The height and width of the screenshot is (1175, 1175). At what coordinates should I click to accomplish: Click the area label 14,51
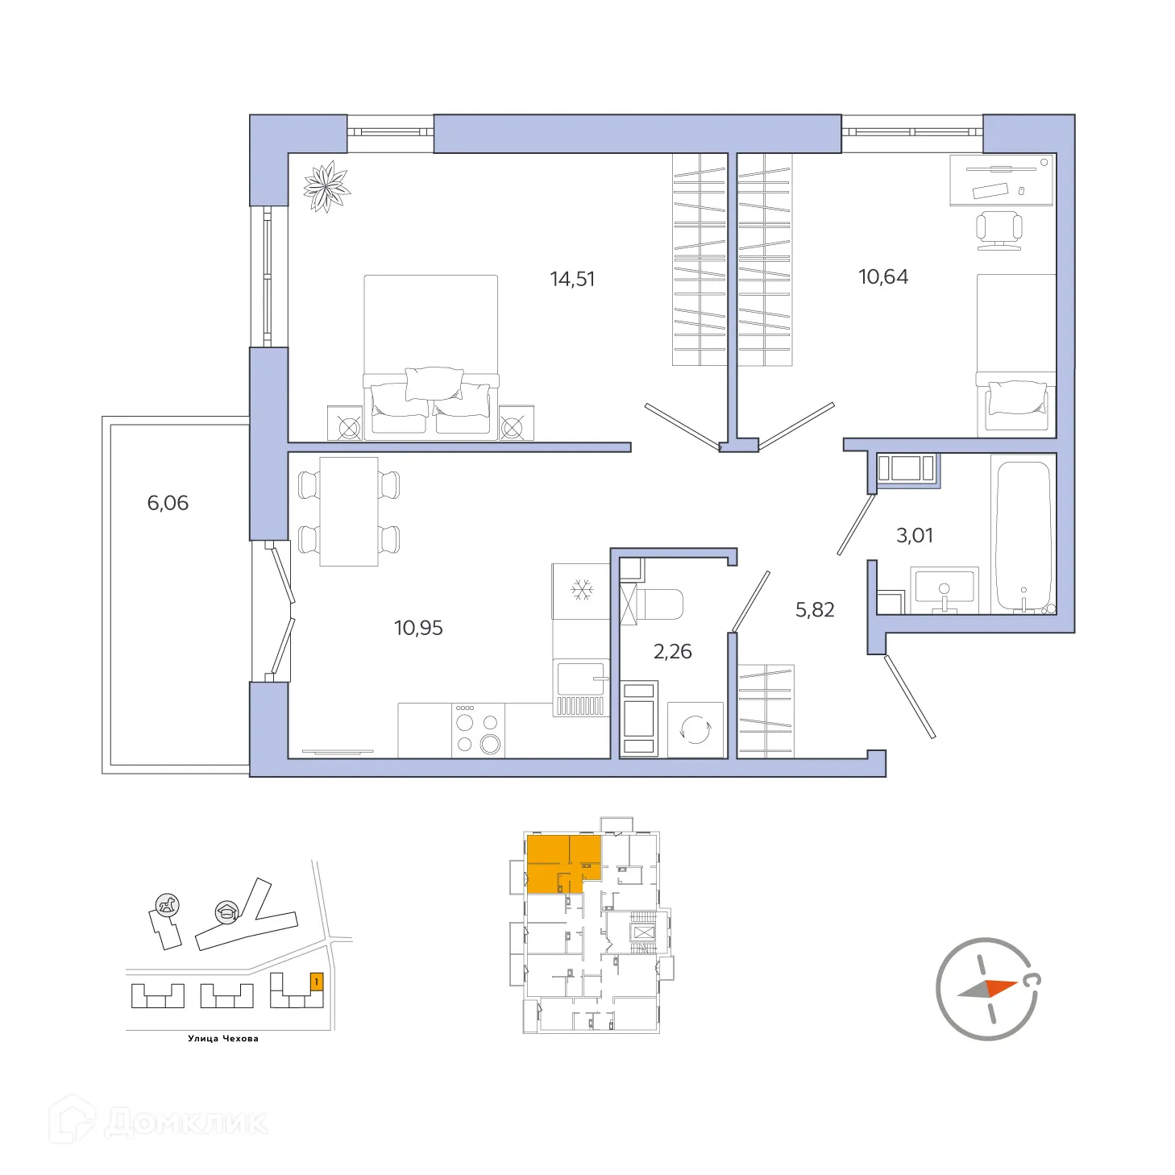point(572,279)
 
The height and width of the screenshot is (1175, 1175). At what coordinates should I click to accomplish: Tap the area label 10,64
point(883,276)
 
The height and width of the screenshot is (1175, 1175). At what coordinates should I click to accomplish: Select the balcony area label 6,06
point(168,503)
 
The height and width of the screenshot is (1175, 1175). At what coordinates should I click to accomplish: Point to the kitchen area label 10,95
point(418,628)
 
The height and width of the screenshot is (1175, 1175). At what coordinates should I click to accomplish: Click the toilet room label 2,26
point(672,651)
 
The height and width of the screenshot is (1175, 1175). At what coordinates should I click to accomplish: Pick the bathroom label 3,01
point(915,535)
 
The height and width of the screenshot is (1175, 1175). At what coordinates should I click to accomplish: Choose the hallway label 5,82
point(815,610)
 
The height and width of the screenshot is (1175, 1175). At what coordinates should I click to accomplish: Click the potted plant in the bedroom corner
point(326,187)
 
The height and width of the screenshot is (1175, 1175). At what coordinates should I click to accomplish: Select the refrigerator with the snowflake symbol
point(581,591)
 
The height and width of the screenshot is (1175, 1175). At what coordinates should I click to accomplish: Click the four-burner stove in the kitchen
point(477,730)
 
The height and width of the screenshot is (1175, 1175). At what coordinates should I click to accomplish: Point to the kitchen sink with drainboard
point(580,687)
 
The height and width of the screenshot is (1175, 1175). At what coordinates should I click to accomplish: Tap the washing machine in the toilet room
point(695,730)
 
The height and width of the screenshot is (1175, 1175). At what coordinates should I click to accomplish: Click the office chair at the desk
point(999,229)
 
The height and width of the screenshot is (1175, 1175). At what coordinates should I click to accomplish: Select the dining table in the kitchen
point(349,512)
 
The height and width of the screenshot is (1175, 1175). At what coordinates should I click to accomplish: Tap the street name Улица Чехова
point(223,1039)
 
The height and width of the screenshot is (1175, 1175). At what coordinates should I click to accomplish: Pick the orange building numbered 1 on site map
point(317,982)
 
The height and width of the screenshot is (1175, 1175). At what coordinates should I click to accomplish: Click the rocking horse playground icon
point(168,905)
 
